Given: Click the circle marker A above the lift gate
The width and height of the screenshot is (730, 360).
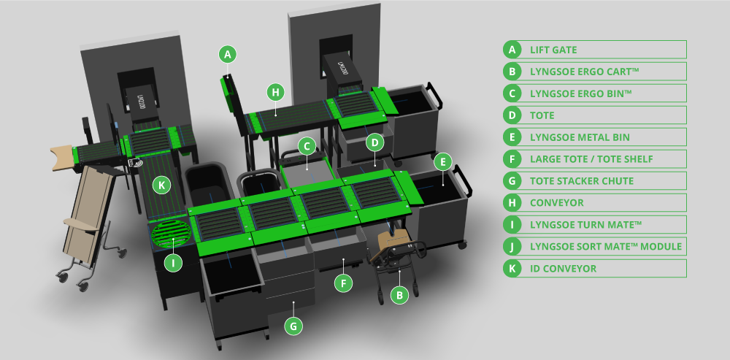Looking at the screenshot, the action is click(228, 55).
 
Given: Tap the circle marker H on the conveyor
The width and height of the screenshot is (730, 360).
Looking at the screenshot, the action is click(276, 92).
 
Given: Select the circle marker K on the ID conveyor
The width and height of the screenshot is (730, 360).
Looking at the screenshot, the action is click(161, 185).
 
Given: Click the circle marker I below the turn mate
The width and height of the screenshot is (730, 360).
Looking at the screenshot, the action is click(174, 263).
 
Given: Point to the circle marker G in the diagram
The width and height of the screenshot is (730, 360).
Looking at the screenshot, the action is click(293, 326).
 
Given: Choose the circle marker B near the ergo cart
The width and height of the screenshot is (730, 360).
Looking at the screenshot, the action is click(399, 295).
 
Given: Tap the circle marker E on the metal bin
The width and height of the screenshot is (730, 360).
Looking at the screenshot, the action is click(443, 162).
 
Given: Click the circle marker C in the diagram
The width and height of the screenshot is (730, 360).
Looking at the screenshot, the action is click(307, 147).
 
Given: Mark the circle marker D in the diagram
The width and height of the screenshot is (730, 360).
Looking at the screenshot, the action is click(374, 143).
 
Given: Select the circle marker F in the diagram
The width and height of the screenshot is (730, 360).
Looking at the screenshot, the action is click(343, 283).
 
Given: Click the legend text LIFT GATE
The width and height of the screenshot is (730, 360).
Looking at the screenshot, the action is click(553, 50).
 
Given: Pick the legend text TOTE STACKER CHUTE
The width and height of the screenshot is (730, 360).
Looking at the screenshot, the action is click(582, 180).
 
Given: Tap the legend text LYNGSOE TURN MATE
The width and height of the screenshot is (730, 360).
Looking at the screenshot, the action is click(585, 224).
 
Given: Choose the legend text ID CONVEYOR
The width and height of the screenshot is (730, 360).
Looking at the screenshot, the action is click(563, 269).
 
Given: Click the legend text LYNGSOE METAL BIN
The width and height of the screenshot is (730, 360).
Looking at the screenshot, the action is click(580, 137).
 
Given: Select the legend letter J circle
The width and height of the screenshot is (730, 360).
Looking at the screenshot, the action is click(512, 246).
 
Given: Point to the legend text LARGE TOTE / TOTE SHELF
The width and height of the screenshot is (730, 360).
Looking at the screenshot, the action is click(591, 159).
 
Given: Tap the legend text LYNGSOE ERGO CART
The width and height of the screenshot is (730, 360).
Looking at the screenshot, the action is click(584, 72).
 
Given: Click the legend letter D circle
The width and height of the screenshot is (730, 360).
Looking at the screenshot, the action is click(512, 115).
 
